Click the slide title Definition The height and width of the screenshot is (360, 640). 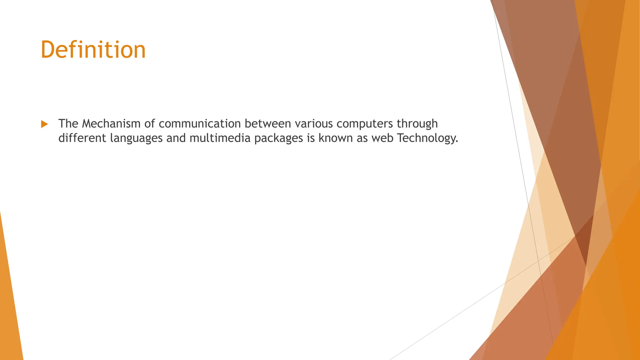93,50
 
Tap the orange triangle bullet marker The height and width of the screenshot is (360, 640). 44,124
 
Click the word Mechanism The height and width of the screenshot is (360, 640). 111,124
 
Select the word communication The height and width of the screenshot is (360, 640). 200,124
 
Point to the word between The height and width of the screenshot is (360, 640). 268,124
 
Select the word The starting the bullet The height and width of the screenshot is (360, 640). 68,124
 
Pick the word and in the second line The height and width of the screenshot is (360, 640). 176,138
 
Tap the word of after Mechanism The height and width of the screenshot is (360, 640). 149,124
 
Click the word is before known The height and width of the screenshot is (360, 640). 311,138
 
